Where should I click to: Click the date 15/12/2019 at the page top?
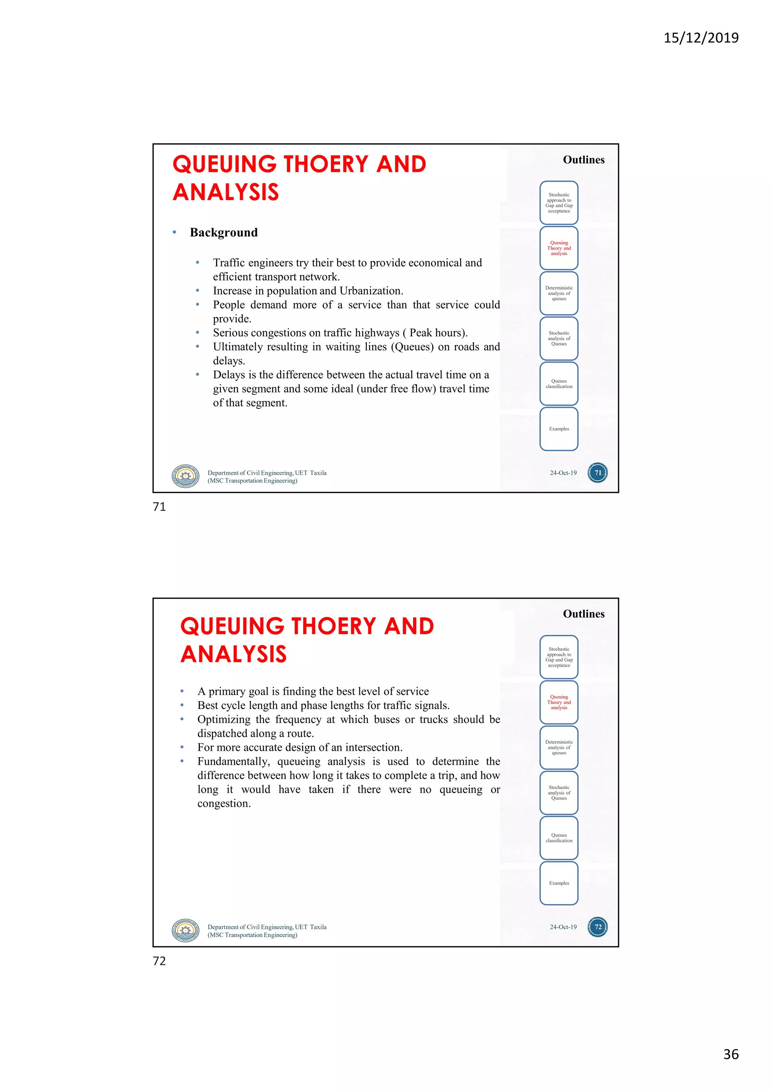point(701,38)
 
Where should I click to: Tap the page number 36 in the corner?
point(731,1054)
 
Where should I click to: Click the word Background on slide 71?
point(224,232)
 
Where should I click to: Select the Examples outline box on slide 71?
point(559,429)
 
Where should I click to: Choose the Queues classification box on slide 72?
point(559,838)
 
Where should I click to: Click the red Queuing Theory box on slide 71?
point(559,248)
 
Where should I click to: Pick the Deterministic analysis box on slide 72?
point(559,747)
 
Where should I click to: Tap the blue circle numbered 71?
point(598,473)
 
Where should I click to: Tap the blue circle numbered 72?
point(598,927)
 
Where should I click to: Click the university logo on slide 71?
point(185,476)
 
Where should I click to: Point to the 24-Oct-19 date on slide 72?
point(563,927)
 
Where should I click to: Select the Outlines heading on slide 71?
point(584,160)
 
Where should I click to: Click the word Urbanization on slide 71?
point(371,291)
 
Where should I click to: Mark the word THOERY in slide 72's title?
point(333,626)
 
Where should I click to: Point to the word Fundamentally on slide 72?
point(233,762)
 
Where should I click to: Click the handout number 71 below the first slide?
point(159,507)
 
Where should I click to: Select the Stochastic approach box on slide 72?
point(559,657)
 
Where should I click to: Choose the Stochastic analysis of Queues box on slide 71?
point(559,338)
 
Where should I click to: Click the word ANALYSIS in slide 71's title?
point(226,193)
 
